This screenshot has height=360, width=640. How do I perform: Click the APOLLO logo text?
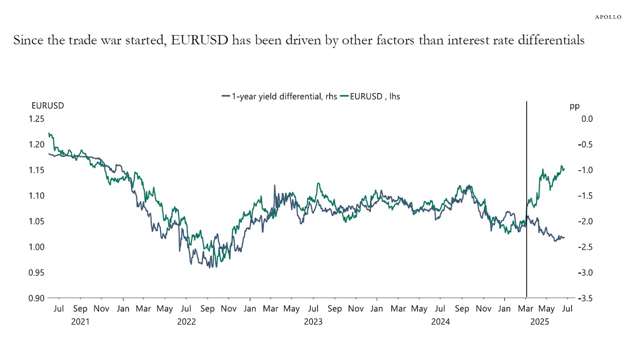tap(608, 17)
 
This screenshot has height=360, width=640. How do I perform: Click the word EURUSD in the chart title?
tap(200, 40)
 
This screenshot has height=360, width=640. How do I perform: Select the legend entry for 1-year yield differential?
tap(279, 97)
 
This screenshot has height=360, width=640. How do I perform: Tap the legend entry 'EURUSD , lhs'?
tap(370, 97)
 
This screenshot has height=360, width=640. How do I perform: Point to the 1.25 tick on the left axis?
tap(36, 119)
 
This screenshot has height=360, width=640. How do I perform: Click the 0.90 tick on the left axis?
tap(36, 298)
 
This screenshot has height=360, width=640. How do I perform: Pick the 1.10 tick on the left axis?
tap(36, 196)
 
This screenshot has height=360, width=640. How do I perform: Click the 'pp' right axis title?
tap(574, 106)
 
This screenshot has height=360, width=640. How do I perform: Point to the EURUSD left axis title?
tap(48, 106)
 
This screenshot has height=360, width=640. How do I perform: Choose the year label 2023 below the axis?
tap(313, 322)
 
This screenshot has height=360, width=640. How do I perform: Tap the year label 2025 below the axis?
tap(540, 322)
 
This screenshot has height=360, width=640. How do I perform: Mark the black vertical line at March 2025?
tap(527, 187)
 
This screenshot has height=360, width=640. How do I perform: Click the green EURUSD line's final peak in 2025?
tap(561, 166)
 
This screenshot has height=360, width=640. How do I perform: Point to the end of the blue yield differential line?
tap(564, 238)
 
